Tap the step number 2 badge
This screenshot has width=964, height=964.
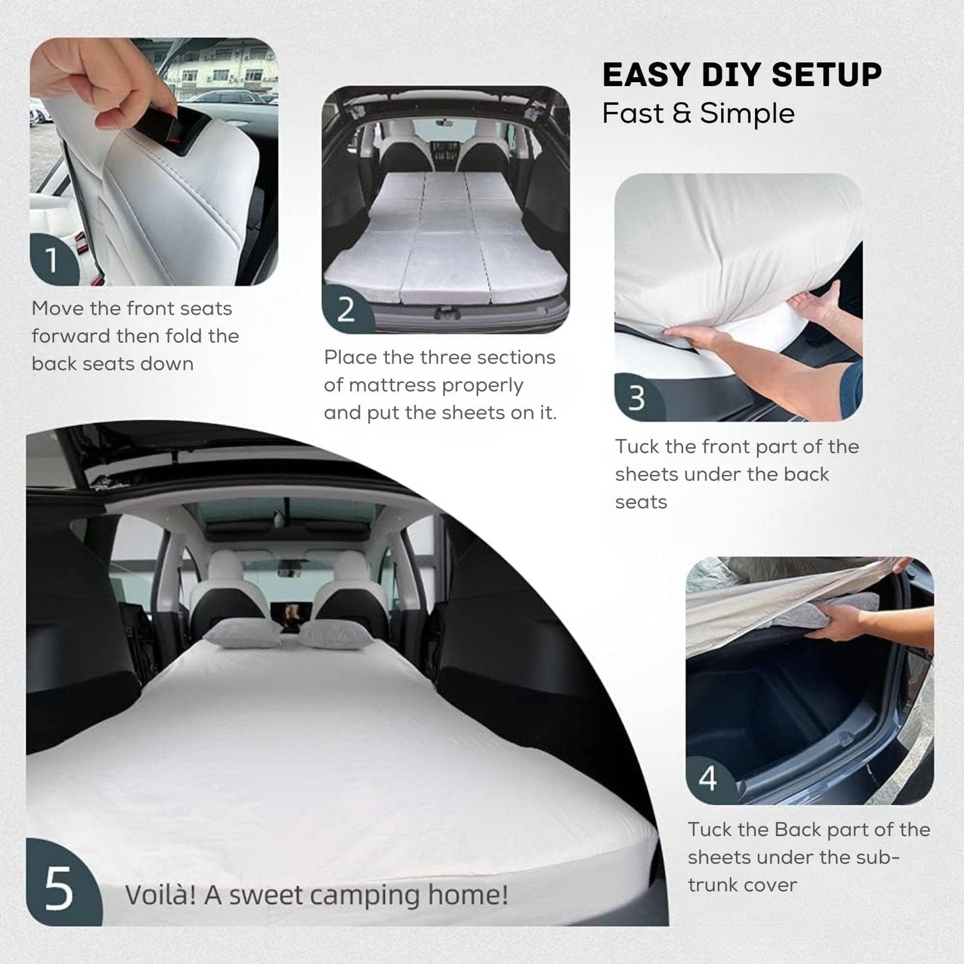coord(347,309)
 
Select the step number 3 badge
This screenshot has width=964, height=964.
coord(638,398)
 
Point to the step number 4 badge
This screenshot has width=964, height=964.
coord(710,779)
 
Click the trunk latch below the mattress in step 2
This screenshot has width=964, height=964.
coord(442,314)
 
